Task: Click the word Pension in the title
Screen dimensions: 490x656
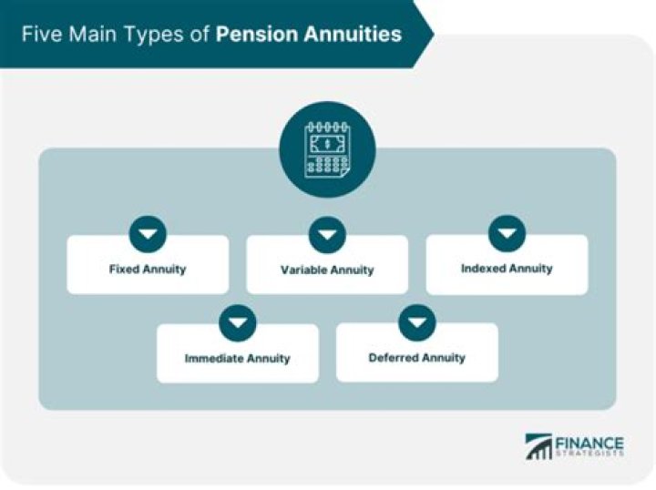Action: coord(255,35)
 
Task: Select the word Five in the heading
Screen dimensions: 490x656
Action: coord(42,35)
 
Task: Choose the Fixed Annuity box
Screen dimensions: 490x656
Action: coord(148,270)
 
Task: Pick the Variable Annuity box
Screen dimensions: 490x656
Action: coord(327,270)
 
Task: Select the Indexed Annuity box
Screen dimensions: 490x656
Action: coord(507,269)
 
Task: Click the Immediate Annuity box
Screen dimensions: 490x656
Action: coord(237,358)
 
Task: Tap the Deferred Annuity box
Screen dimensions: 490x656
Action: coord(416,357)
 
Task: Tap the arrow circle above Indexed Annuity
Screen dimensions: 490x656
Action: coord(507,234)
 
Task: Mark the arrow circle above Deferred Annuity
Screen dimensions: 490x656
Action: coord(416,322)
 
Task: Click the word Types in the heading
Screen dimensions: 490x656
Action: coord(143,35)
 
